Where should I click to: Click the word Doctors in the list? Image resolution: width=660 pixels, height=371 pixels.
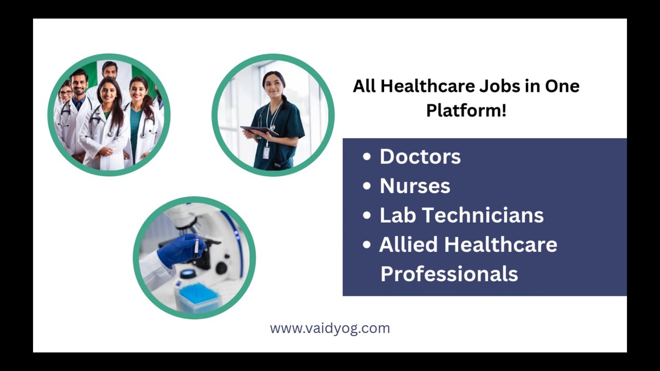tap(420, 157)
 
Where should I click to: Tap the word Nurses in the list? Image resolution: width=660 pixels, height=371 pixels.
tap(415, 186)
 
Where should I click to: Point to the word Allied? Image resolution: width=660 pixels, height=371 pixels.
tap(408, 244)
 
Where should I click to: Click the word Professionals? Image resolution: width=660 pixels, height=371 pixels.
tap(449, 274)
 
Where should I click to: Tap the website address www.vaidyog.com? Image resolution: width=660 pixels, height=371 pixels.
tap(330, 328)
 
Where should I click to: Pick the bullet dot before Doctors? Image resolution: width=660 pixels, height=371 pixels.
tap(367, 157)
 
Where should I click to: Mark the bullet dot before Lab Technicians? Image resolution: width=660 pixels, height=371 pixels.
tap(367, 215)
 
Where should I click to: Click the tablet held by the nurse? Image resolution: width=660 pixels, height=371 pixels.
tap(259, 131)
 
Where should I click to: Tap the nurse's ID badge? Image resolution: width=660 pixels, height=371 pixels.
tap(266, 153)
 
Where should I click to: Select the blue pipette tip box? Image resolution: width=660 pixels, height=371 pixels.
tap(198, 297)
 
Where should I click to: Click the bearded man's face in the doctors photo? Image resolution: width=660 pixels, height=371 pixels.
tap(79, 83)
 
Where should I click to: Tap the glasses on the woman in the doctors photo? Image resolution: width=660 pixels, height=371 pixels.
tap(65, 93)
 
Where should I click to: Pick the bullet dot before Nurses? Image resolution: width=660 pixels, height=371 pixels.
tap(367, 186)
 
